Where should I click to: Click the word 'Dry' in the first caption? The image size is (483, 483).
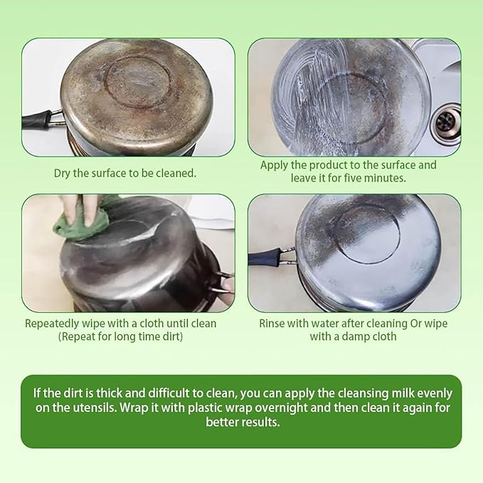[x=62, y=174]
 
